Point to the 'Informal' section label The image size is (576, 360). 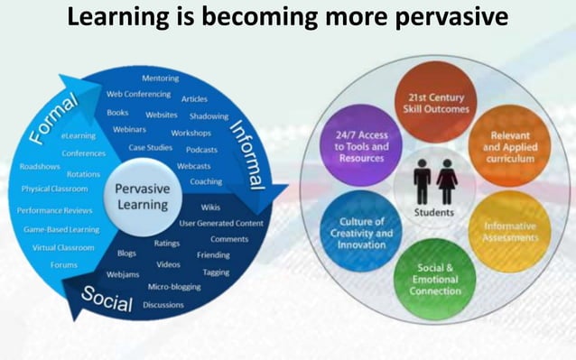click(x=245, y=153)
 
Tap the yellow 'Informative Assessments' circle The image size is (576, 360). click(x=510, y=232)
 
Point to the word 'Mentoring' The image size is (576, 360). click(x=160, y=78)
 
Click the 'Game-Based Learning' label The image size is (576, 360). click(x=60, y=229)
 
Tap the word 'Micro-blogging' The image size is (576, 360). click(x=174, y=287)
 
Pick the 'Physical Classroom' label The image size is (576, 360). click(x=54, y=189)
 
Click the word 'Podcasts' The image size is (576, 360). click(x=201, y=150)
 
